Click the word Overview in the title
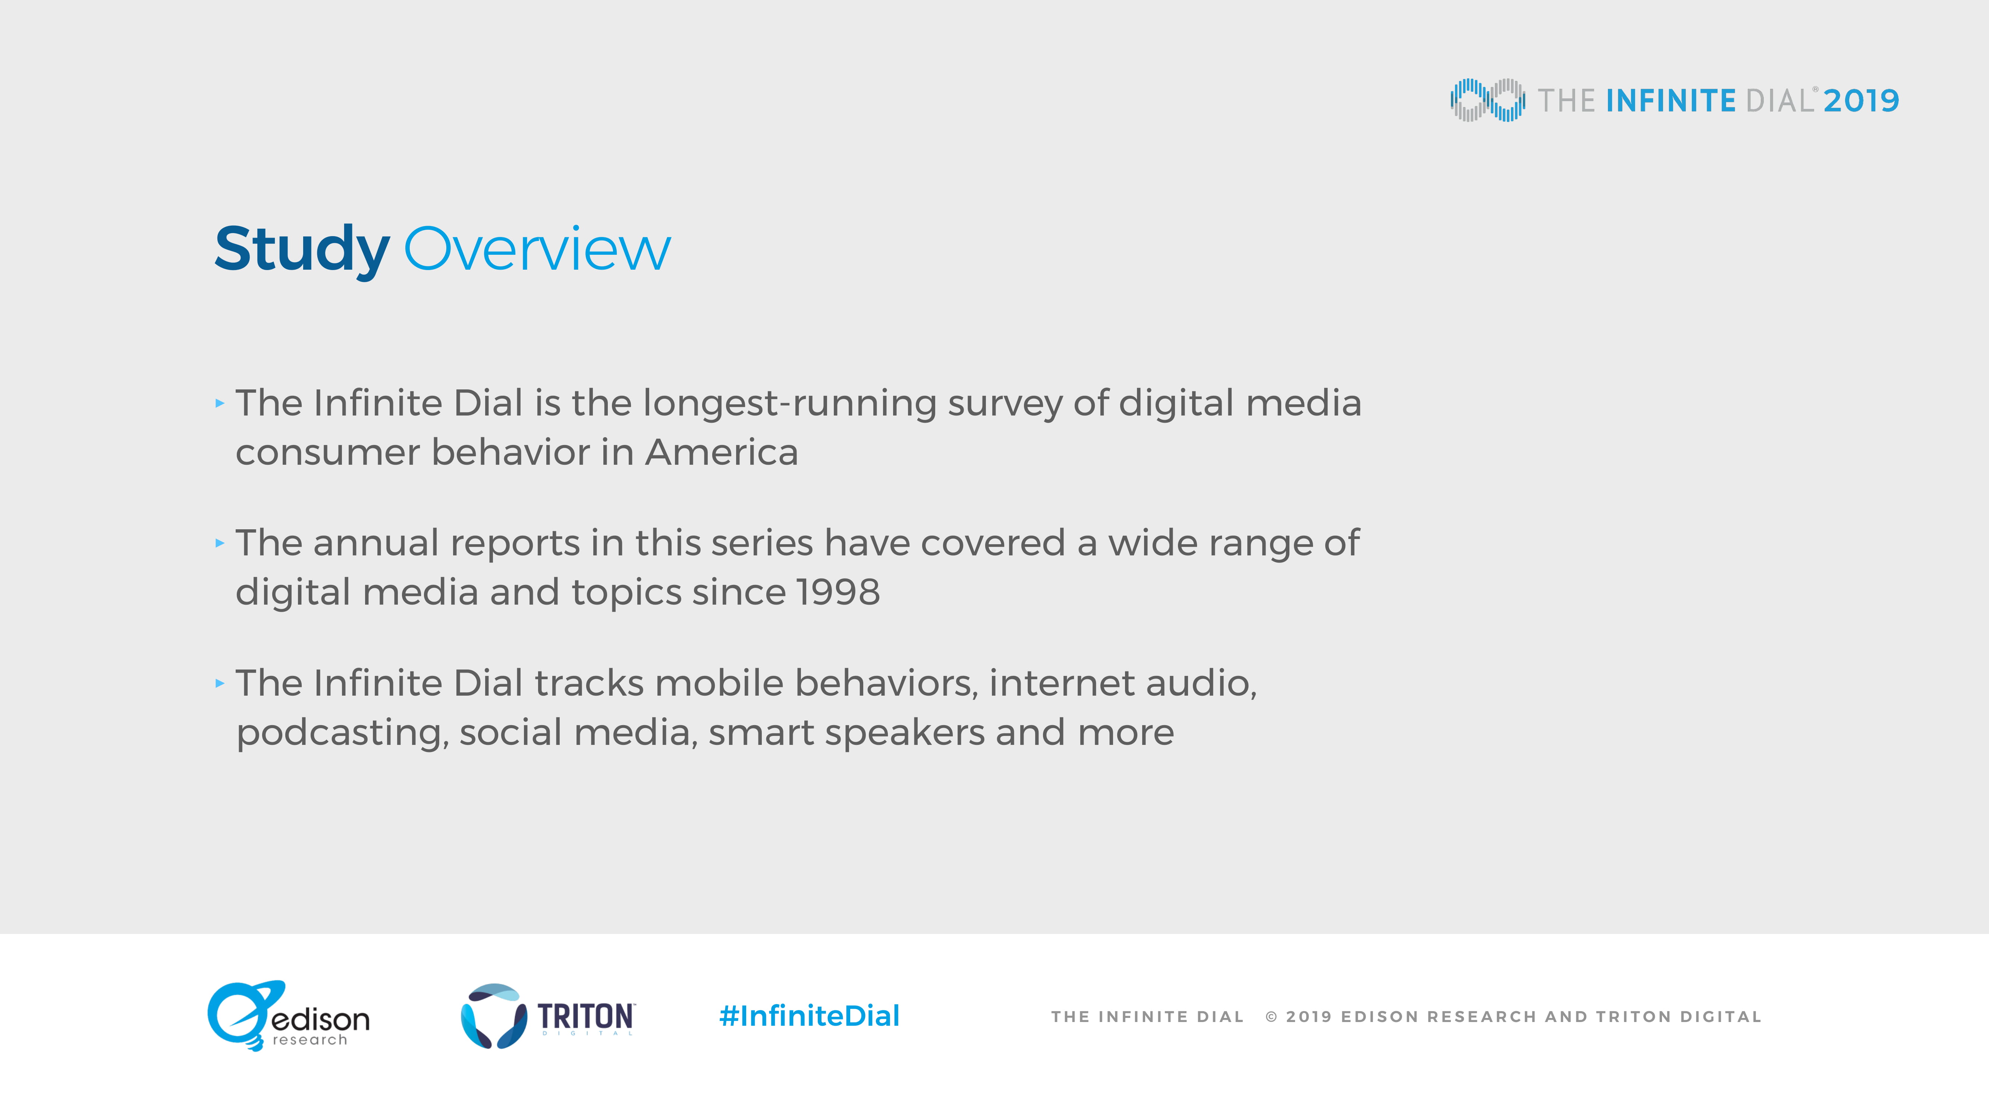click(x=537, y=250)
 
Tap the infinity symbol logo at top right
click(x=1487, y=100)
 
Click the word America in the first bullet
click(x=721, y=452)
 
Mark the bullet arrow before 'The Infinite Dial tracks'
click(x=220, y=683)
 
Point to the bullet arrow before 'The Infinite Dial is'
click(x=220, y=403)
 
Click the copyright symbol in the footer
click(x=1271, y=1017)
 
